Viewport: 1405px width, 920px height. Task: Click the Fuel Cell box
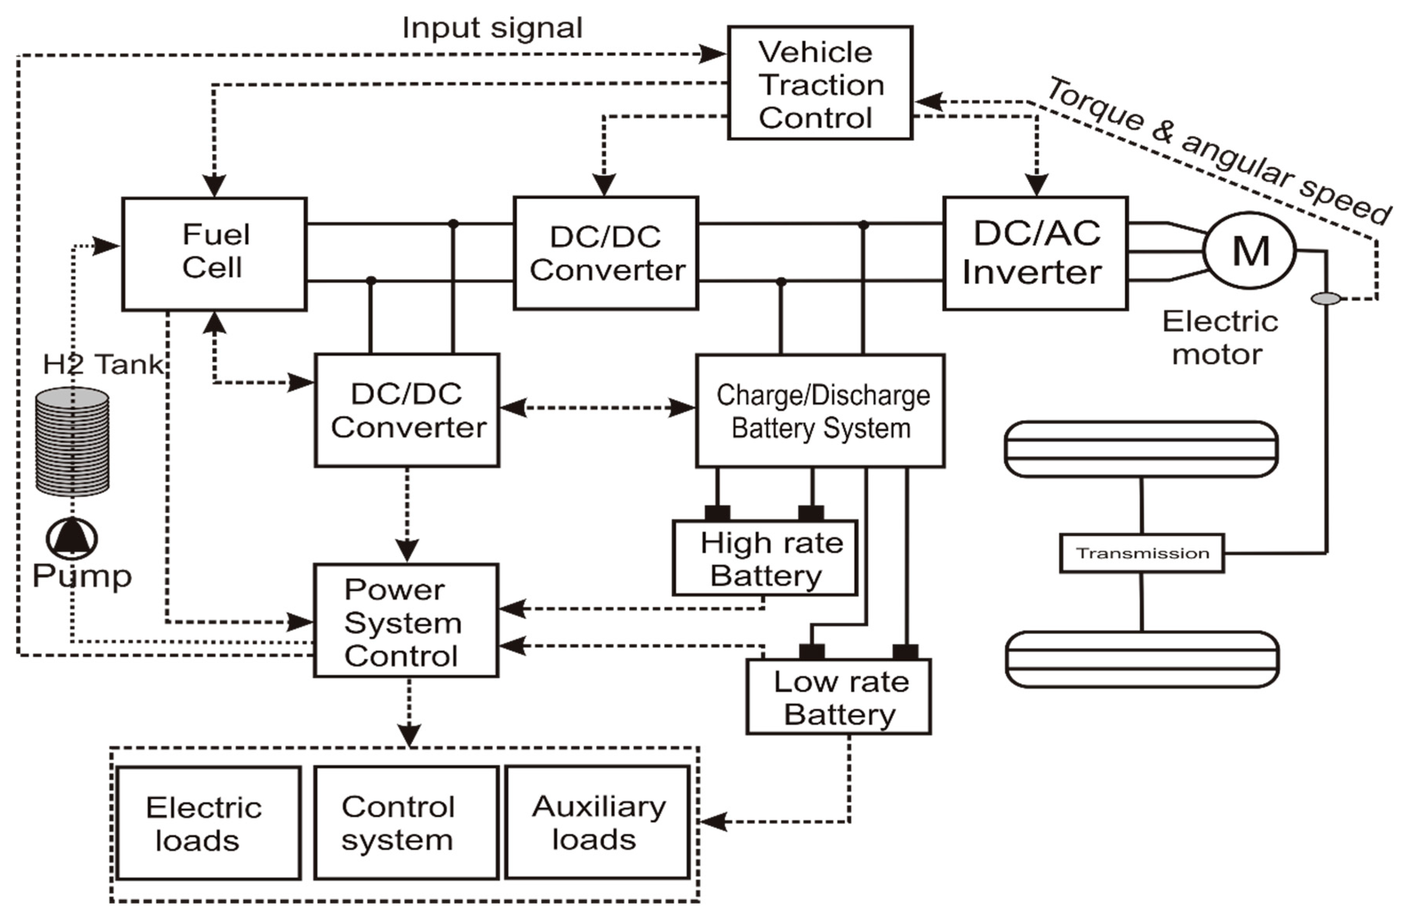pos(214,254)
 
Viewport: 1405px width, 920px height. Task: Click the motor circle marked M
pos(1250,251)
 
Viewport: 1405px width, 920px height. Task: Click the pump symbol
pos(72,538)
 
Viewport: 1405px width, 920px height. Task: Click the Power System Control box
pos(406,621)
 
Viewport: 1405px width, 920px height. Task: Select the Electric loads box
pos(208,823)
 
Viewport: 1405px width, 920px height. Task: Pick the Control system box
pos(406,823)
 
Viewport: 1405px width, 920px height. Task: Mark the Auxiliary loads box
pos(597,823)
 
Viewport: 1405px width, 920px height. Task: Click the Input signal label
pos(492,28)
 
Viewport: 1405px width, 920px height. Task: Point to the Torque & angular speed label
pos(1219,150)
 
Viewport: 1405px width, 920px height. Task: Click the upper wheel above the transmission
pos(1141,449)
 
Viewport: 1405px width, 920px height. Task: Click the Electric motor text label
pos(1220,338)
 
